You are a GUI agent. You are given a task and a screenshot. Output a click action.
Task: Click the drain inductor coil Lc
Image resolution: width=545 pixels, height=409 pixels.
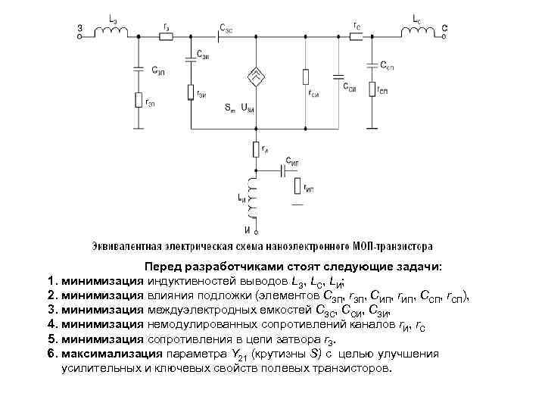click(x=418, y=33)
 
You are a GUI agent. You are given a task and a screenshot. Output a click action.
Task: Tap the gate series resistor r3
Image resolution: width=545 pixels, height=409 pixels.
click(x=166, y=34)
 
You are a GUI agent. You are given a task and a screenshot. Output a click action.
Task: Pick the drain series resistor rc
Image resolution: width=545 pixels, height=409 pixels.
click(x=356, y=34)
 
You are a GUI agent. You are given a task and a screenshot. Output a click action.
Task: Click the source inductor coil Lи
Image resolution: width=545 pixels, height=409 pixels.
click(x=255, y=201)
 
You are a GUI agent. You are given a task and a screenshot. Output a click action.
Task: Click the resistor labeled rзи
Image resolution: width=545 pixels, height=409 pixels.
click(x=191, y=92)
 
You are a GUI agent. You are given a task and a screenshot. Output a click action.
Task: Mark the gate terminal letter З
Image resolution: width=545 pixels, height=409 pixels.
click(x=79, y=30)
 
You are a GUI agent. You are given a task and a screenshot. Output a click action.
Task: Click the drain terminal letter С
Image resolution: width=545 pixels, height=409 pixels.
click(x=446, y=30)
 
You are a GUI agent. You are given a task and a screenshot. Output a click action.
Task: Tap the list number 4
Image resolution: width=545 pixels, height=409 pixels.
click(x=51, y=326)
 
